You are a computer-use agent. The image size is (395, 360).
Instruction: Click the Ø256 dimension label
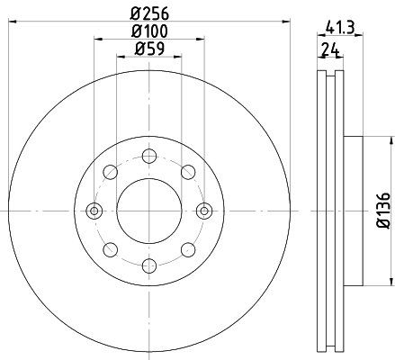[149, 13]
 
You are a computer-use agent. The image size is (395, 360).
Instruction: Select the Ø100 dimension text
[149, 31]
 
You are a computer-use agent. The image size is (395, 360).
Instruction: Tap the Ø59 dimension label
[149, 49]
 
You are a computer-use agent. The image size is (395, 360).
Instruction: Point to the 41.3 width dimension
[340, 28]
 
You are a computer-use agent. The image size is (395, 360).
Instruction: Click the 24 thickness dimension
[330, 49]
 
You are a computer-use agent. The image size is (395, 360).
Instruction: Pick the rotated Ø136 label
[383, 211]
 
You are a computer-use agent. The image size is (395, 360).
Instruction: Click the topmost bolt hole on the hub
[149, 156]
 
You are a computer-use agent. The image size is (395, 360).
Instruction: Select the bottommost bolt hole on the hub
[149, 265]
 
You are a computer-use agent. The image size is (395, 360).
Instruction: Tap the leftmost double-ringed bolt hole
[94, 211]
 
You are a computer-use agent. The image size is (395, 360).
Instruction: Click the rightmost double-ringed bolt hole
[204, 211]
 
